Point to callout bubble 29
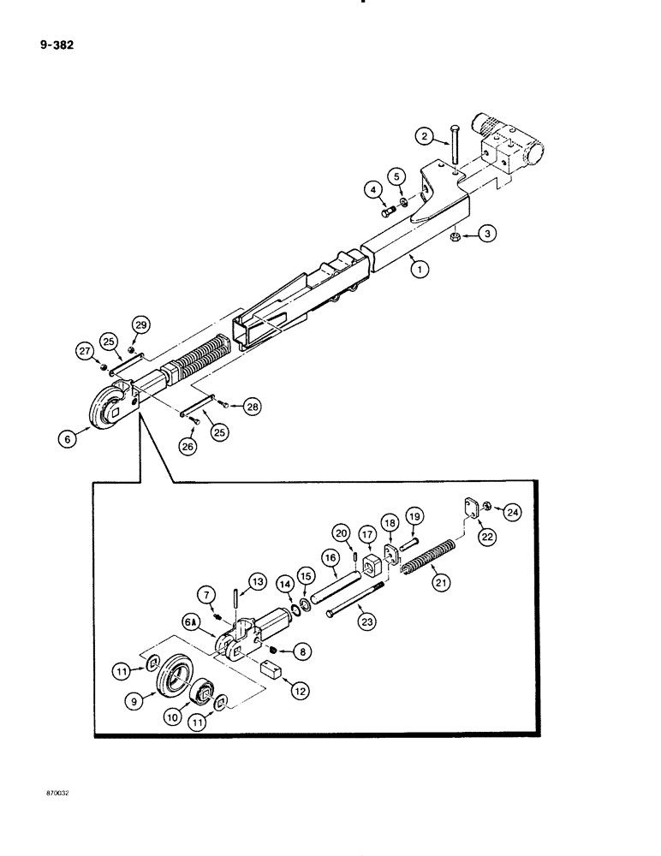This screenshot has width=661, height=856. (140, 324)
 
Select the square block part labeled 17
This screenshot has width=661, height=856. (372, 568)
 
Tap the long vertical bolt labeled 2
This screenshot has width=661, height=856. (454, 145)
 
